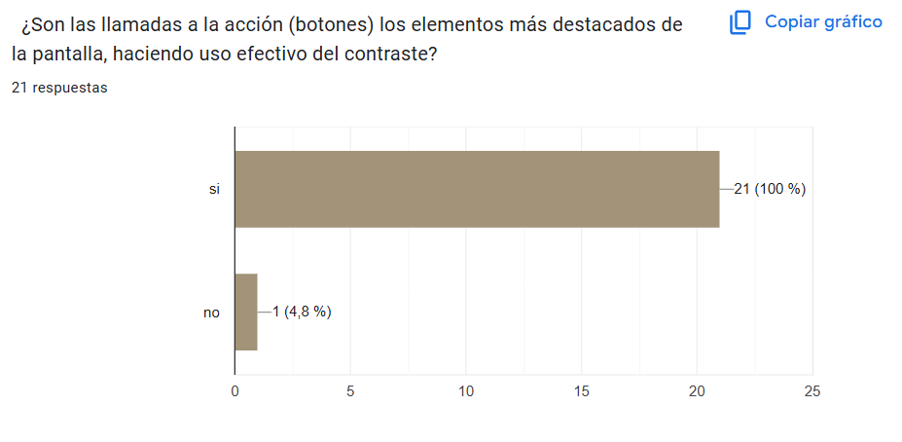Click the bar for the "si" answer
[477, 189]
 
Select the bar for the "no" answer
[246, 312]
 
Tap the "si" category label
[214, 189]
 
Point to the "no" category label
[211, 313]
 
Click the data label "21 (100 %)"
[769, 189]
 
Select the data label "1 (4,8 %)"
[302, 312]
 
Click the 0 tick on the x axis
[235, 391]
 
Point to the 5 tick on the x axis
[350, 391]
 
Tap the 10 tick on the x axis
[466, 391]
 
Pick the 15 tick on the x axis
[581, 391]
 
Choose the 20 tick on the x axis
[697, 391]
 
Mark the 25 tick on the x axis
[812, 391]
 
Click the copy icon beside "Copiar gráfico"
[741, 22]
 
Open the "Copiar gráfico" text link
[823, 21]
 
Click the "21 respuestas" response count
[59, 88]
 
